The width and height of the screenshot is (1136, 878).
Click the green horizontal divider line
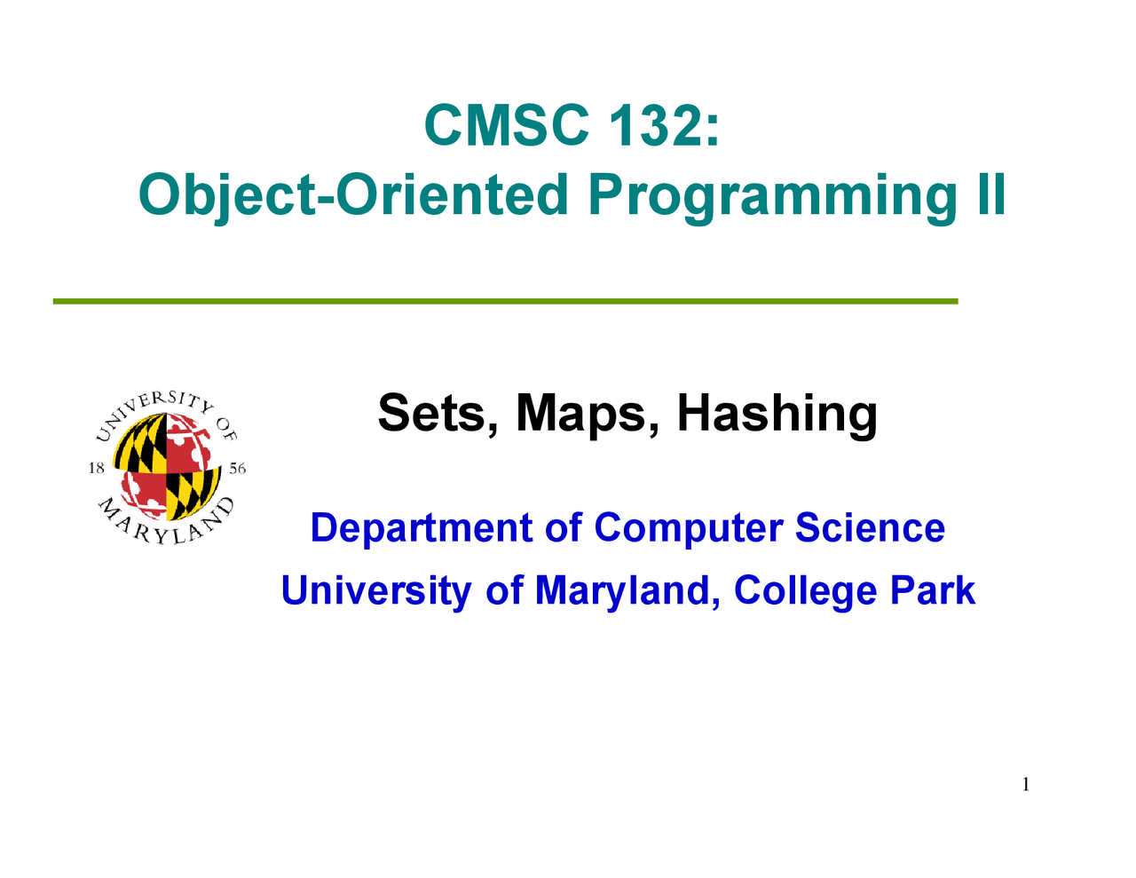505,302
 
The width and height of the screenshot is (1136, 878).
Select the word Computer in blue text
689,528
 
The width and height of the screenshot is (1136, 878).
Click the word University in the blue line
375,590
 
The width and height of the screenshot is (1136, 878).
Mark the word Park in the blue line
938,590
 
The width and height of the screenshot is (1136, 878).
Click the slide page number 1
1026,784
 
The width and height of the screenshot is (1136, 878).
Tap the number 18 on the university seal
97,469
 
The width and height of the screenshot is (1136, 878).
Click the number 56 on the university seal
237,469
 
